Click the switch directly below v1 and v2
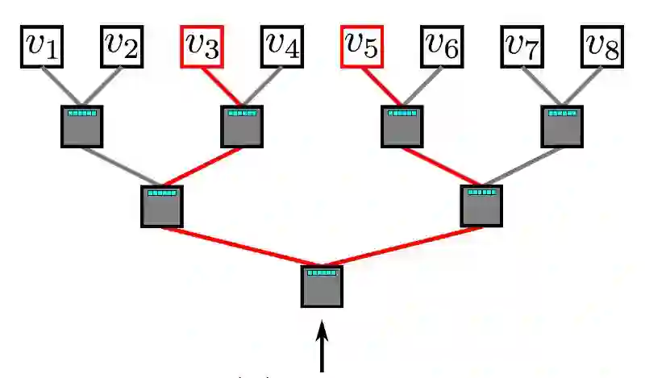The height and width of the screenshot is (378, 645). click(x=82, y=127)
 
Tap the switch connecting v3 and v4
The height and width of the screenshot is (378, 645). click(x=242, y=127)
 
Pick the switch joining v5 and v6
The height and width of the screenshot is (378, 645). click(x=402, y=127)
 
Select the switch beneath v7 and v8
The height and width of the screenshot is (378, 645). click(x=562, y=127)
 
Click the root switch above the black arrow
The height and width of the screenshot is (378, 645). click(x=322, y=286)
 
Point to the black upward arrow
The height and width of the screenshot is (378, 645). click(x=322, y=347)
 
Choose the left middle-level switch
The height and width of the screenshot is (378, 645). click(x=162, y=206)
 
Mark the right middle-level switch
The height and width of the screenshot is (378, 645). click(x=482, y=206)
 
